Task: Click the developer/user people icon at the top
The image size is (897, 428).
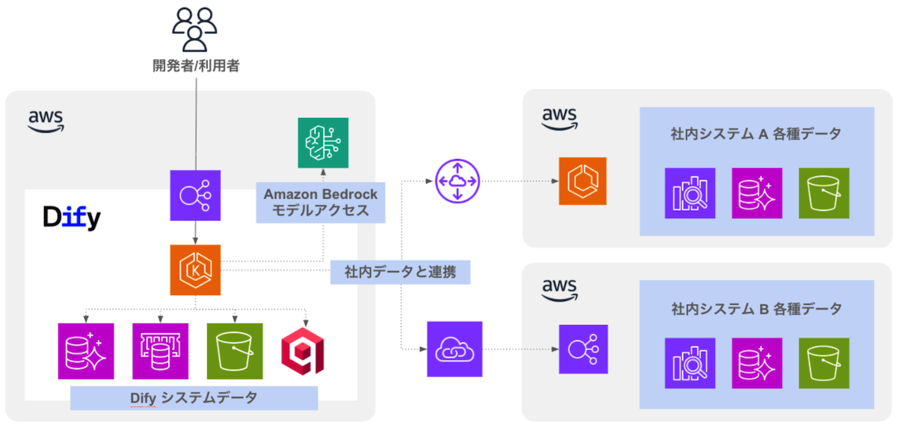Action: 195,28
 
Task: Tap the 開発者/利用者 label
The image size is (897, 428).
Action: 196,66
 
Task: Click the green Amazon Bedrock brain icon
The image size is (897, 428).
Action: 323,143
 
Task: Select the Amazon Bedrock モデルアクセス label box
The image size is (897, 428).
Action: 321,202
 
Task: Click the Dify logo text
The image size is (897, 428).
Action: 71,217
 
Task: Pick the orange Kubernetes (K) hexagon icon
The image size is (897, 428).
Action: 195,270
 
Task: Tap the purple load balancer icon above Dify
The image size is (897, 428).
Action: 195,196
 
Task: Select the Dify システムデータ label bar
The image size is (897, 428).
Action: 194,398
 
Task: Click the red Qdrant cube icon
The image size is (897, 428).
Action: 303,351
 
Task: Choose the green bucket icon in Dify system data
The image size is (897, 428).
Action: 235,351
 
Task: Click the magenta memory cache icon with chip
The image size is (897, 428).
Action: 160,351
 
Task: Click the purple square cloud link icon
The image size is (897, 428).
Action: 454,349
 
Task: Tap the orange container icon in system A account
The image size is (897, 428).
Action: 582,181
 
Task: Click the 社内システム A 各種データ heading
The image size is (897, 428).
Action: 756,134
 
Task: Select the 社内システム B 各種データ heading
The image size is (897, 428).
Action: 756,308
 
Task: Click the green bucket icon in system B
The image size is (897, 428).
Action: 823,364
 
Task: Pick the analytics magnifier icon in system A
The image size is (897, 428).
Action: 689,193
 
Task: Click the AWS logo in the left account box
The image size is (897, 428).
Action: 46,121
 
